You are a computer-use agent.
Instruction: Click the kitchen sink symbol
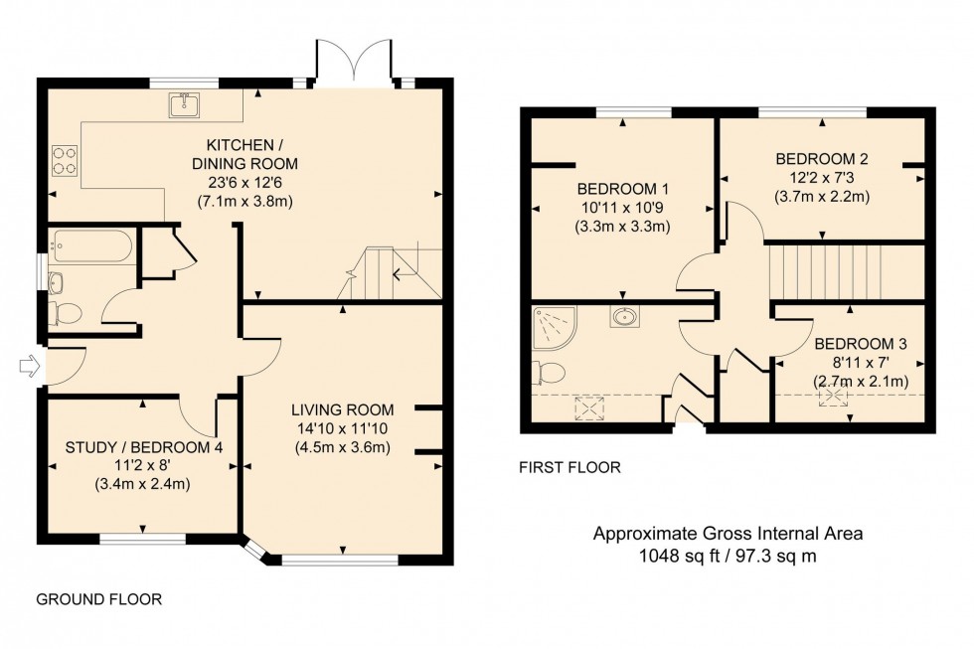(184, 104)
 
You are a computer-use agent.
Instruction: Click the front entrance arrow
(29, 367)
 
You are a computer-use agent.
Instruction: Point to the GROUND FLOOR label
(98, 599)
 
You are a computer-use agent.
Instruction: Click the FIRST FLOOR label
(570, 466)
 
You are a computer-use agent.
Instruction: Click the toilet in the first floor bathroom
(550, 374)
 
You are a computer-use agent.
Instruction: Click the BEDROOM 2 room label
(822, 159)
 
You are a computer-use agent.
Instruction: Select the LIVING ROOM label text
(343, 409)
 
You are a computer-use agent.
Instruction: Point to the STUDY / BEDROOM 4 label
(143, 447)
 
